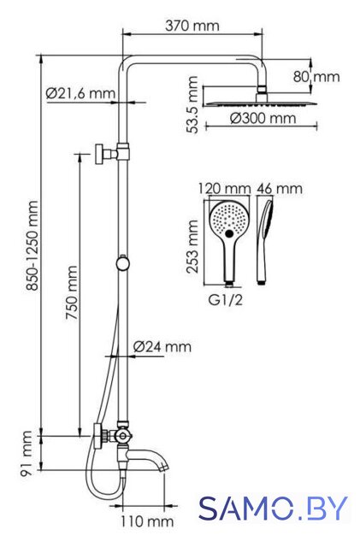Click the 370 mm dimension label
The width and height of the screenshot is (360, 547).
coord(192,26)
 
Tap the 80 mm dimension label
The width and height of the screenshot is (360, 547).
coord(316,77)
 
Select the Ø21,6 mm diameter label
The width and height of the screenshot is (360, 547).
coord(80,93)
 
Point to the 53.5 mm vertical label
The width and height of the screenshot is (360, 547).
coord(192,104)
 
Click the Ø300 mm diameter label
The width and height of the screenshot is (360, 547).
coord(263,118)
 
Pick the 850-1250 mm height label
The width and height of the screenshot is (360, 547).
coord(33,245)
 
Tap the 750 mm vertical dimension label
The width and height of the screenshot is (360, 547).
coord(72,293)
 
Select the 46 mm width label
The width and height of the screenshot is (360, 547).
coord(280,189)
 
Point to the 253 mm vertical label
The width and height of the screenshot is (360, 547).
coord(192,247)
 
